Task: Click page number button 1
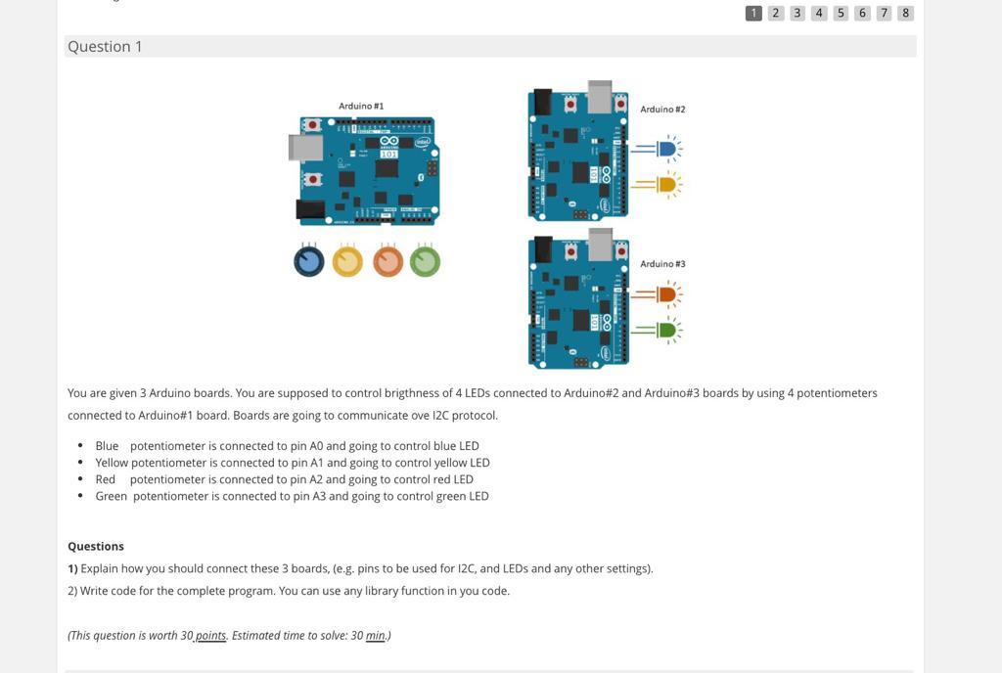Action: coord(753,13)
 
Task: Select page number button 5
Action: coord(841,13)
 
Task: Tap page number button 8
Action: coord(905,13)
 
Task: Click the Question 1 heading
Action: coord(105,47)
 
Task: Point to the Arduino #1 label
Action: coord(361,106)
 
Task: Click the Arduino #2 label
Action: coord(662,110)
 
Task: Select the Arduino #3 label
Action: coord(662,264)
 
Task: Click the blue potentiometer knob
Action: coord(309,261)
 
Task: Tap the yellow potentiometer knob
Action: coord(347,261)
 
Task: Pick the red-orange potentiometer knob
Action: coord(387,261)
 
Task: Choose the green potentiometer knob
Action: coord(425,261)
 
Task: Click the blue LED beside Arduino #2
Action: coord(667,149)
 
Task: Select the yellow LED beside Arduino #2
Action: coord(667,184)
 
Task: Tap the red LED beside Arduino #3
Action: coord(667,293)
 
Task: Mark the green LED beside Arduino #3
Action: coord(667,330)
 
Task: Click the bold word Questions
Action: coord(96,546)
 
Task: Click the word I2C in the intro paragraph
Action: coord(446,415)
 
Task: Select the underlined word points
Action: coord(210,636)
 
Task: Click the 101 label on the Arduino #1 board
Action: coord(388,154)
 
